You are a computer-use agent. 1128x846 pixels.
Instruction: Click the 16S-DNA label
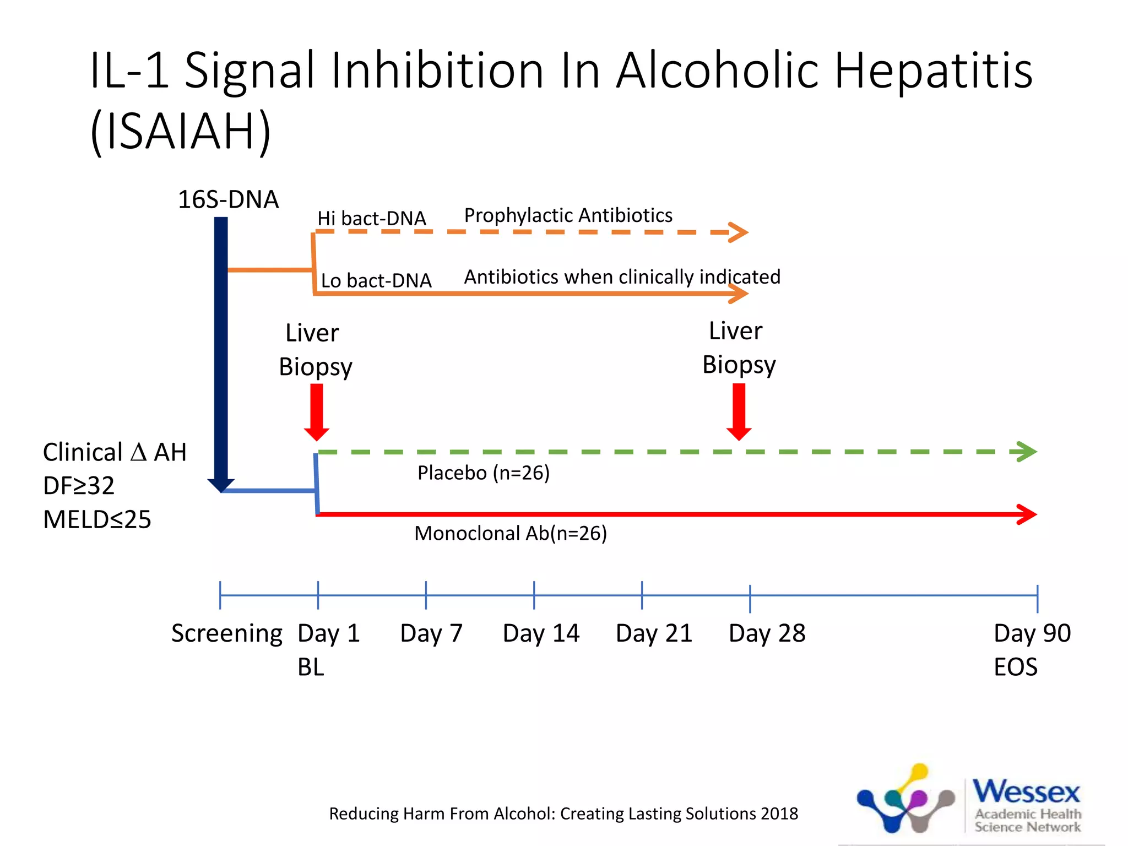[228, 199]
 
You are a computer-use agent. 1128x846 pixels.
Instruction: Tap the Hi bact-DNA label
[371, 219]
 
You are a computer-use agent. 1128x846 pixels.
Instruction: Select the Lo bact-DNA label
[376, 281]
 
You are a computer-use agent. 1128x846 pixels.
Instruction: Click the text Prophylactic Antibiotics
[568, 215]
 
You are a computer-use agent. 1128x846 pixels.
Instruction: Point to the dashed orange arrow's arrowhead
[739, 232]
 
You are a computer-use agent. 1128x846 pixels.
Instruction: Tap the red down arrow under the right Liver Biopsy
[739, 411]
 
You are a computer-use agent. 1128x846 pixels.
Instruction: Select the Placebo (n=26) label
[483, 473]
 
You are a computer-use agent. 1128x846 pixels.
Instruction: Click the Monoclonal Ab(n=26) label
[510, 533]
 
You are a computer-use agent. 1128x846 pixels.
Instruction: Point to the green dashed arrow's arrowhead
[1026, 452]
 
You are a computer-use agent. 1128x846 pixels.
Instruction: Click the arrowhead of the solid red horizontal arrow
[1027, 514]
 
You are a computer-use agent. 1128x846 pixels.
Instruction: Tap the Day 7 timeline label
[431, 633]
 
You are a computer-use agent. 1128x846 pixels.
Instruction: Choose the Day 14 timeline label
[541, 633]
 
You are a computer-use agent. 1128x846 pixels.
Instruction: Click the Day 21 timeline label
[654, 633]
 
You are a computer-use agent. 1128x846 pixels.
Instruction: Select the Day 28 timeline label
[767, 633]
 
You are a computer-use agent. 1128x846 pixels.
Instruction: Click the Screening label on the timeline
[226, 633]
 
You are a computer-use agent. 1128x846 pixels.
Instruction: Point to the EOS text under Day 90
[1015, 668]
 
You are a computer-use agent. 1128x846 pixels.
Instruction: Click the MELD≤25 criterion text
[97, 519]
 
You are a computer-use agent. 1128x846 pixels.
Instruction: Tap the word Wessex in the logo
[1026, 792]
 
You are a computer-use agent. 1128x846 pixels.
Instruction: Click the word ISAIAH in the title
[181, 131]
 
